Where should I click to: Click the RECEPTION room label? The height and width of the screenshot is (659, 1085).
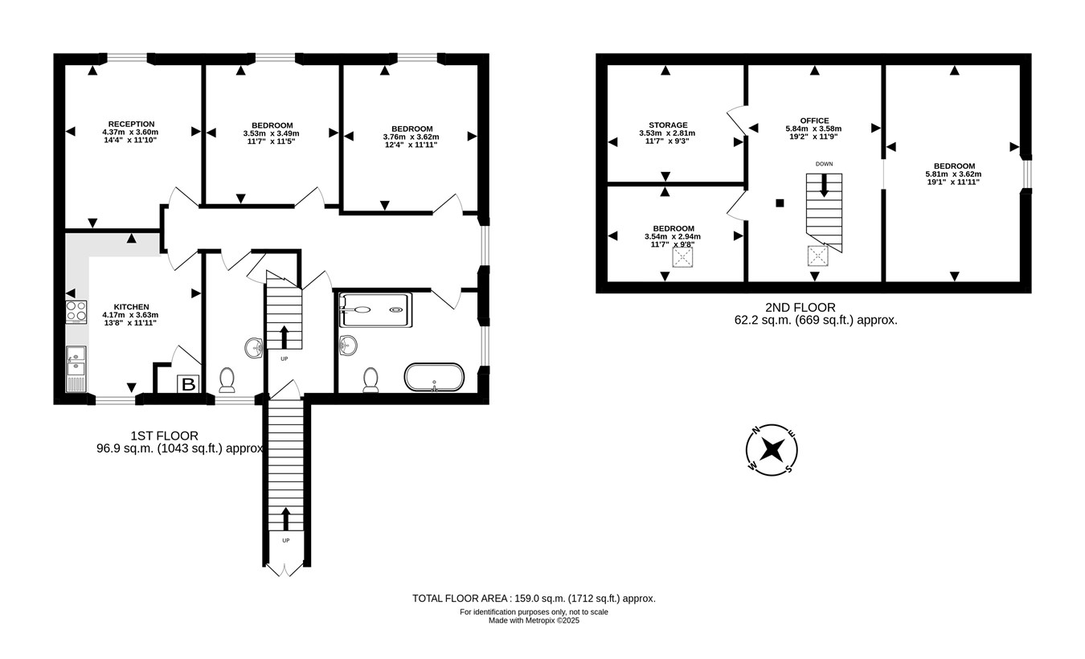(x=131, y=124)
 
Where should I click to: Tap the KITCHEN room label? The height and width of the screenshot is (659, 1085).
(x=131, y=307)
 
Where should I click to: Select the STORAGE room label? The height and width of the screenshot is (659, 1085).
(x=668, y=125)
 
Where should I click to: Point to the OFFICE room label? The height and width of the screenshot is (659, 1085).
(x=814, y=121)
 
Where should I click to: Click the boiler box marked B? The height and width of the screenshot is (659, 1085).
(x=188, y=384)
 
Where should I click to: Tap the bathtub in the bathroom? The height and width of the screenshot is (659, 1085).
(x=434, y=377)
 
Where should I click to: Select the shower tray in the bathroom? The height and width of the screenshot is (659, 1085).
(x=375, y=310)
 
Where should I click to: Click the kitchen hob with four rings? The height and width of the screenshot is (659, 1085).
(x=76, y=312)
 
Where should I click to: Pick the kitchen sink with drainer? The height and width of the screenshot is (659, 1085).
(x=76, y=369)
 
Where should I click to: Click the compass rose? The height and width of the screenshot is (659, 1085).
(x=772, y=450)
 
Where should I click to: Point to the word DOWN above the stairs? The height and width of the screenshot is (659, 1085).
(x=824, y=164)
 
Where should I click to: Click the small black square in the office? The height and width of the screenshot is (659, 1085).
(x=780, y=203)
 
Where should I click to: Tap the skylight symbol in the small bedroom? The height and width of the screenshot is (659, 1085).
(x=682, y=257)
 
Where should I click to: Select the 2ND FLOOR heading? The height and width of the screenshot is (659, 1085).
(x=800, y=308)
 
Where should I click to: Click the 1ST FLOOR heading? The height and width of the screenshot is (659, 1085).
(x=164, y=436)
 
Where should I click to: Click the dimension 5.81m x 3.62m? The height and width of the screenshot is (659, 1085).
(x=953, y=174)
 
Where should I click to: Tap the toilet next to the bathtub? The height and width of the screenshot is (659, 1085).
(x=371, y=379)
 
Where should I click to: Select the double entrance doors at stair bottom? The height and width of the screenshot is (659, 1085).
(x=286, y=571)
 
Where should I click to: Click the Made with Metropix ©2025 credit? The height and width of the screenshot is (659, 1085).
(x=534, y=620)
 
